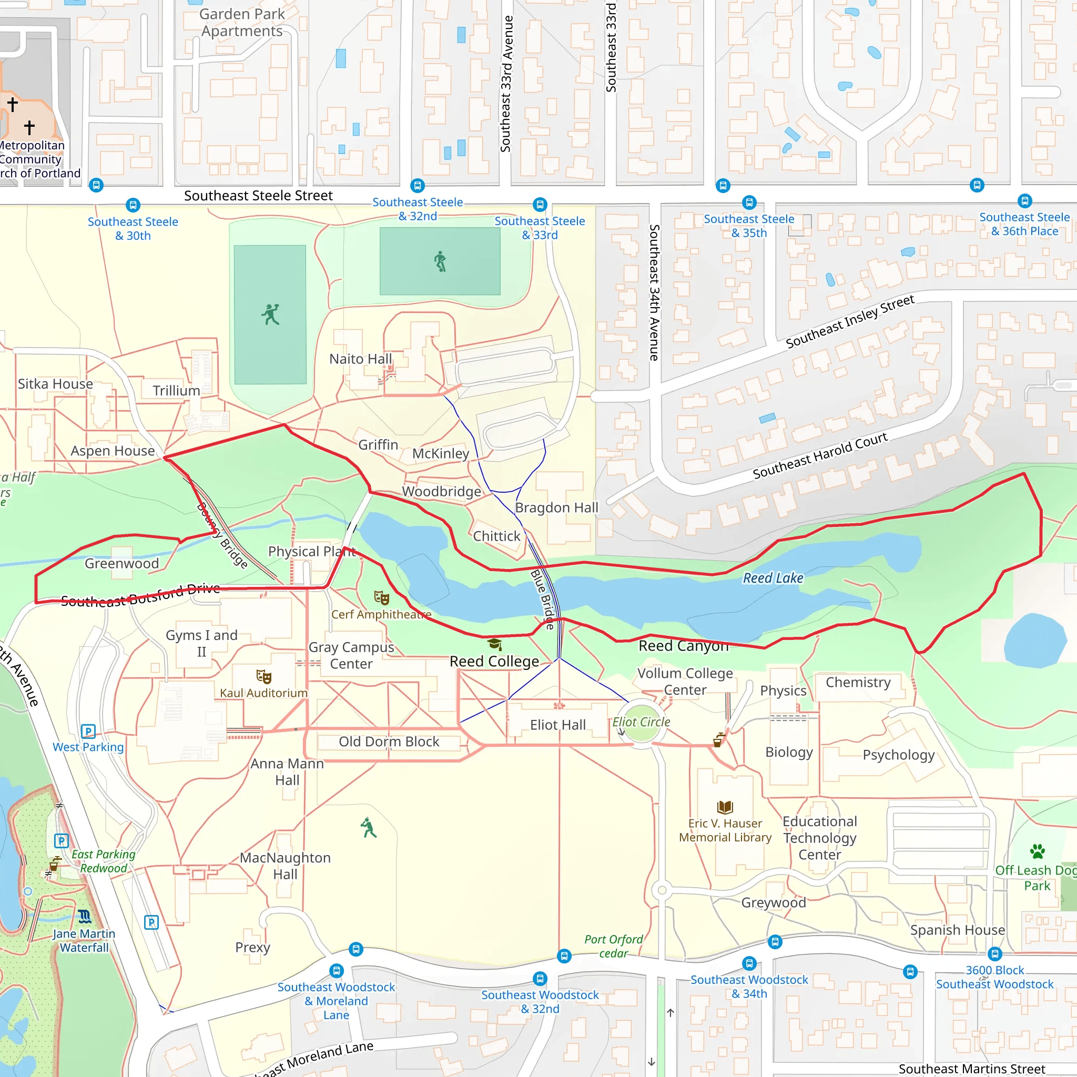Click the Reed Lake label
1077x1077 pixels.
click(773, 578)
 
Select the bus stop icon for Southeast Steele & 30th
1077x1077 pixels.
click(133, 205)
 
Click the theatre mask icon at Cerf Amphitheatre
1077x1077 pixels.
click(381, 598)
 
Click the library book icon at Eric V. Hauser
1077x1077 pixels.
click(725, 807)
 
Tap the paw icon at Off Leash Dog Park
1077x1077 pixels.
click(1037, 851)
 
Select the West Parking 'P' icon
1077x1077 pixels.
click(88, 731)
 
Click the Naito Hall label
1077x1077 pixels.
click(360, 359)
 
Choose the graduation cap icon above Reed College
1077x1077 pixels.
click(494, 644)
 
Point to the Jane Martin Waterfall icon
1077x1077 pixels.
click(84, 916)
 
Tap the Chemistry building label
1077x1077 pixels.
click(858, 682)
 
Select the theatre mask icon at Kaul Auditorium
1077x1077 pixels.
click(263, 677)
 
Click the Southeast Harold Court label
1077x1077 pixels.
click(819, 455)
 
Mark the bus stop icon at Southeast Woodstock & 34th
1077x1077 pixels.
click(749, 963)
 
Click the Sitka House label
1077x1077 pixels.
click(55, 384)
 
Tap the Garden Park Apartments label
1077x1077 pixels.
click(242, 22)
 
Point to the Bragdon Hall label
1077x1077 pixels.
click(556, 508)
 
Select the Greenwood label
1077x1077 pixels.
click(121, 564)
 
